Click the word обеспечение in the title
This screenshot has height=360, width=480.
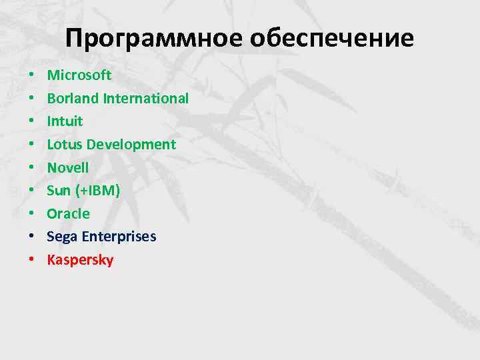point(331,39)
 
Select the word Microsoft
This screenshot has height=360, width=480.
point(79,75)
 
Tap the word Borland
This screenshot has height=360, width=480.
point(73,98)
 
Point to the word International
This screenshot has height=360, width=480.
point(146,98)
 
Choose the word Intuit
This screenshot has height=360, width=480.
point(65,121)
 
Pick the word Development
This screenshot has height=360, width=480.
point(131,144)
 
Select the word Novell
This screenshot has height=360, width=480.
point(67,167)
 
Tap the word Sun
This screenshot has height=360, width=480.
point(59,191)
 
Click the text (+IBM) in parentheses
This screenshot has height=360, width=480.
point(97,191)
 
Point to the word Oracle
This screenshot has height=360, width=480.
point(68,213)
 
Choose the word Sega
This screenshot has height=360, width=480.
point(61,237)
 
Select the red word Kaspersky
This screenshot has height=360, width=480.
point(80,260)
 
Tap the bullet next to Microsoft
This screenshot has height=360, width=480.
point(31,75)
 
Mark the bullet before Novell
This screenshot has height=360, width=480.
point(31,168)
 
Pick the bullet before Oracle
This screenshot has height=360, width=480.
point(31,214)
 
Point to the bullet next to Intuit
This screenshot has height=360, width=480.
point(31,122)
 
